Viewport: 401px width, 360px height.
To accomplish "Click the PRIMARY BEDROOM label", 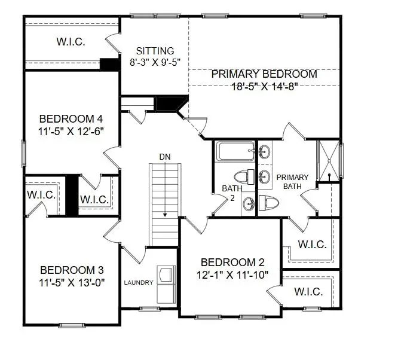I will click(264, 74).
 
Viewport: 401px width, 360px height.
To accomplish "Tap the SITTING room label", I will click(155, 51).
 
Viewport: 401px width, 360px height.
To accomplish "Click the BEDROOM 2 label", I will click(232, 263).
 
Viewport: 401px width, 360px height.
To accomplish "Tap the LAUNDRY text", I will click(139, 282).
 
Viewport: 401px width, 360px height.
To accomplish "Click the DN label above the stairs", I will click(165, 156).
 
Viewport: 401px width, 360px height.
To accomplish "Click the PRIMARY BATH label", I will click(293, 181).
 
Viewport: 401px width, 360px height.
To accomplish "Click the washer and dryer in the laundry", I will click(165, 283).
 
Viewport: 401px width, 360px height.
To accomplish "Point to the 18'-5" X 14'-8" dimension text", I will click(264, 86).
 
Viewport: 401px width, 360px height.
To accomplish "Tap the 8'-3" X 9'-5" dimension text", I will click(155, 62).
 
